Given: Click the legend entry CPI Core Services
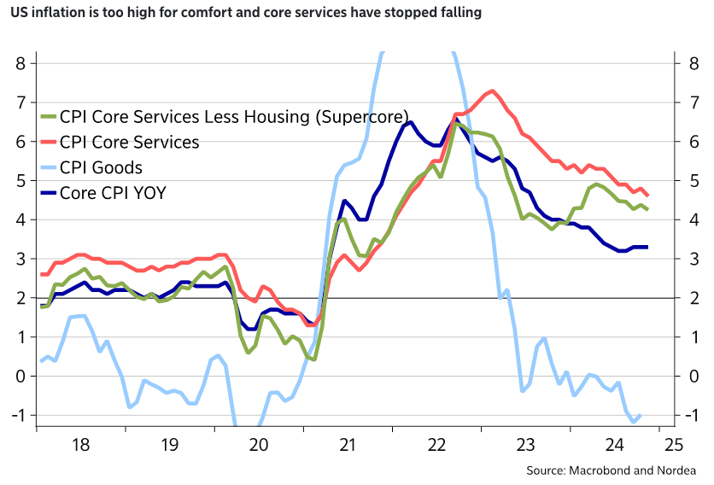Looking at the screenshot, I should click(x=128, y=142).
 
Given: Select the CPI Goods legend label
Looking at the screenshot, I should click(x=101, y=167).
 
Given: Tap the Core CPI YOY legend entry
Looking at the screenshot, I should click(x=112, y=193).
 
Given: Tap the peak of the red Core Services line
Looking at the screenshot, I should click(x=492, y=91).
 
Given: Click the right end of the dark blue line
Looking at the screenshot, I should click(x=647, y=247).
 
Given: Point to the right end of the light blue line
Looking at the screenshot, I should click(x=641, y=415).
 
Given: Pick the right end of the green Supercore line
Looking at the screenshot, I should click(x=647, y=209).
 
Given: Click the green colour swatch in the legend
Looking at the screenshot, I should click(x=48, y=117).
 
